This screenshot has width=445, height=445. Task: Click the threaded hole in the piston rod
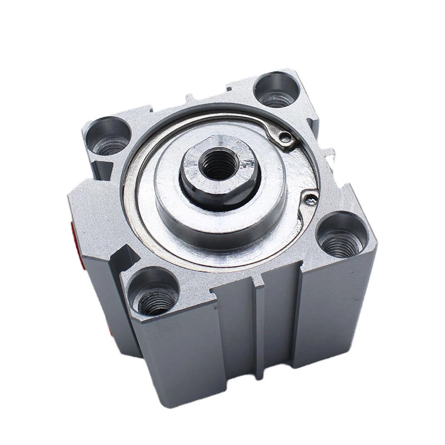pyautogui.click(x=219, y=164)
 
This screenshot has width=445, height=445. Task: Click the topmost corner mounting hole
pyautogui.click(x=276, y=90)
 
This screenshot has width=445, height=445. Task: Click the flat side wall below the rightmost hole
pyautogui.click(x=334, y=311)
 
